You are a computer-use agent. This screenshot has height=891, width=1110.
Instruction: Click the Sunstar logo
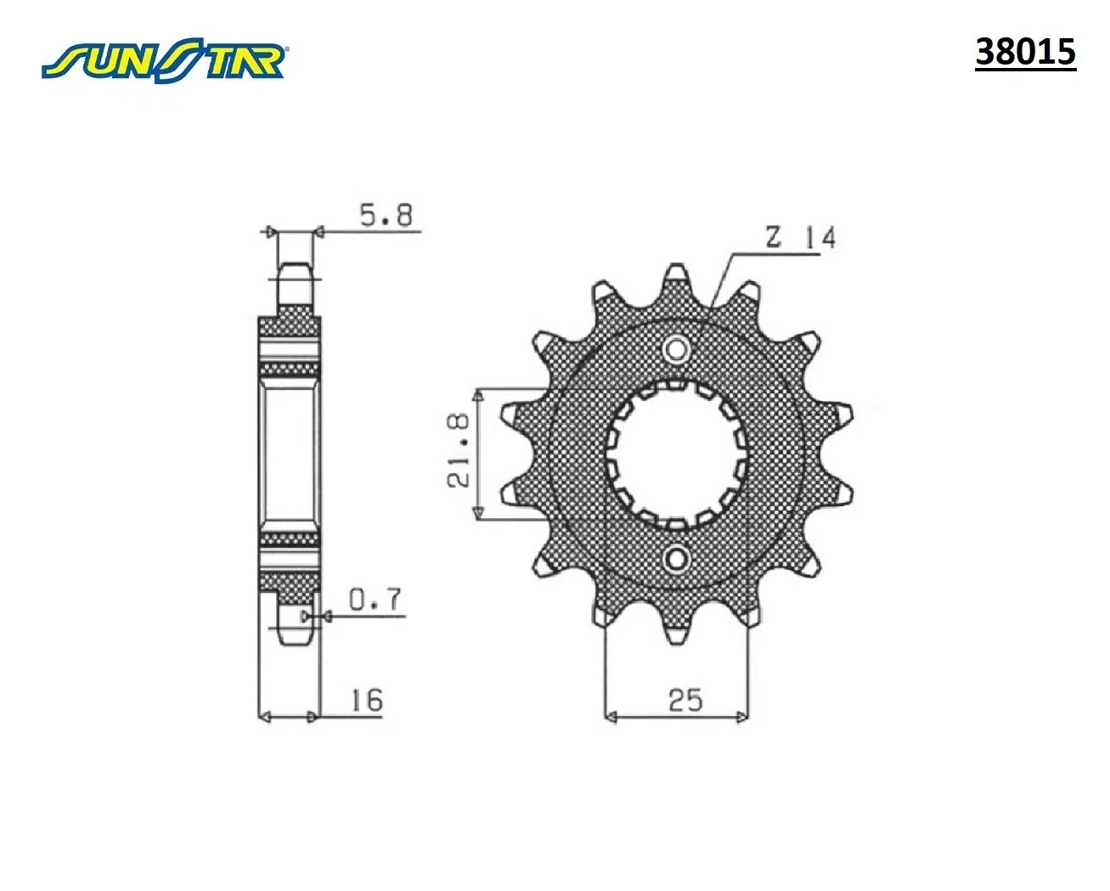(165, 60)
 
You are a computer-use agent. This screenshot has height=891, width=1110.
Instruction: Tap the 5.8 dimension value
(386, 216)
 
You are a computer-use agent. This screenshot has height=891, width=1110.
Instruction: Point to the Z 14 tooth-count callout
(801, 238)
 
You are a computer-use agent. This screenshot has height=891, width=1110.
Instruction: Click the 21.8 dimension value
(458, 450)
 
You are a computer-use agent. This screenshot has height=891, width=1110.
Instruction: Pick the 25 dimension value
(685, 700)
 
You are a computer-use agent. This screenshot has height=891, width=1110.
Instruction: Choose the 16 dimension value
(367, 700)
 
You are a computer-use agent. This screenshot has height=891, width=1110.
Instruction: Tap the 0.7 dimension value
(375, 600)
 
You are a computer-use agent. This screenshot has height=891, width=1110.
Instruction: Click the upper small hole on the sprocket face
(676, 350)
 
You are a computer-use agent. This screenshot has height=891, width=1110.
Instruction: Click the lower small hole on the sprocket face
(676, 559)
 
